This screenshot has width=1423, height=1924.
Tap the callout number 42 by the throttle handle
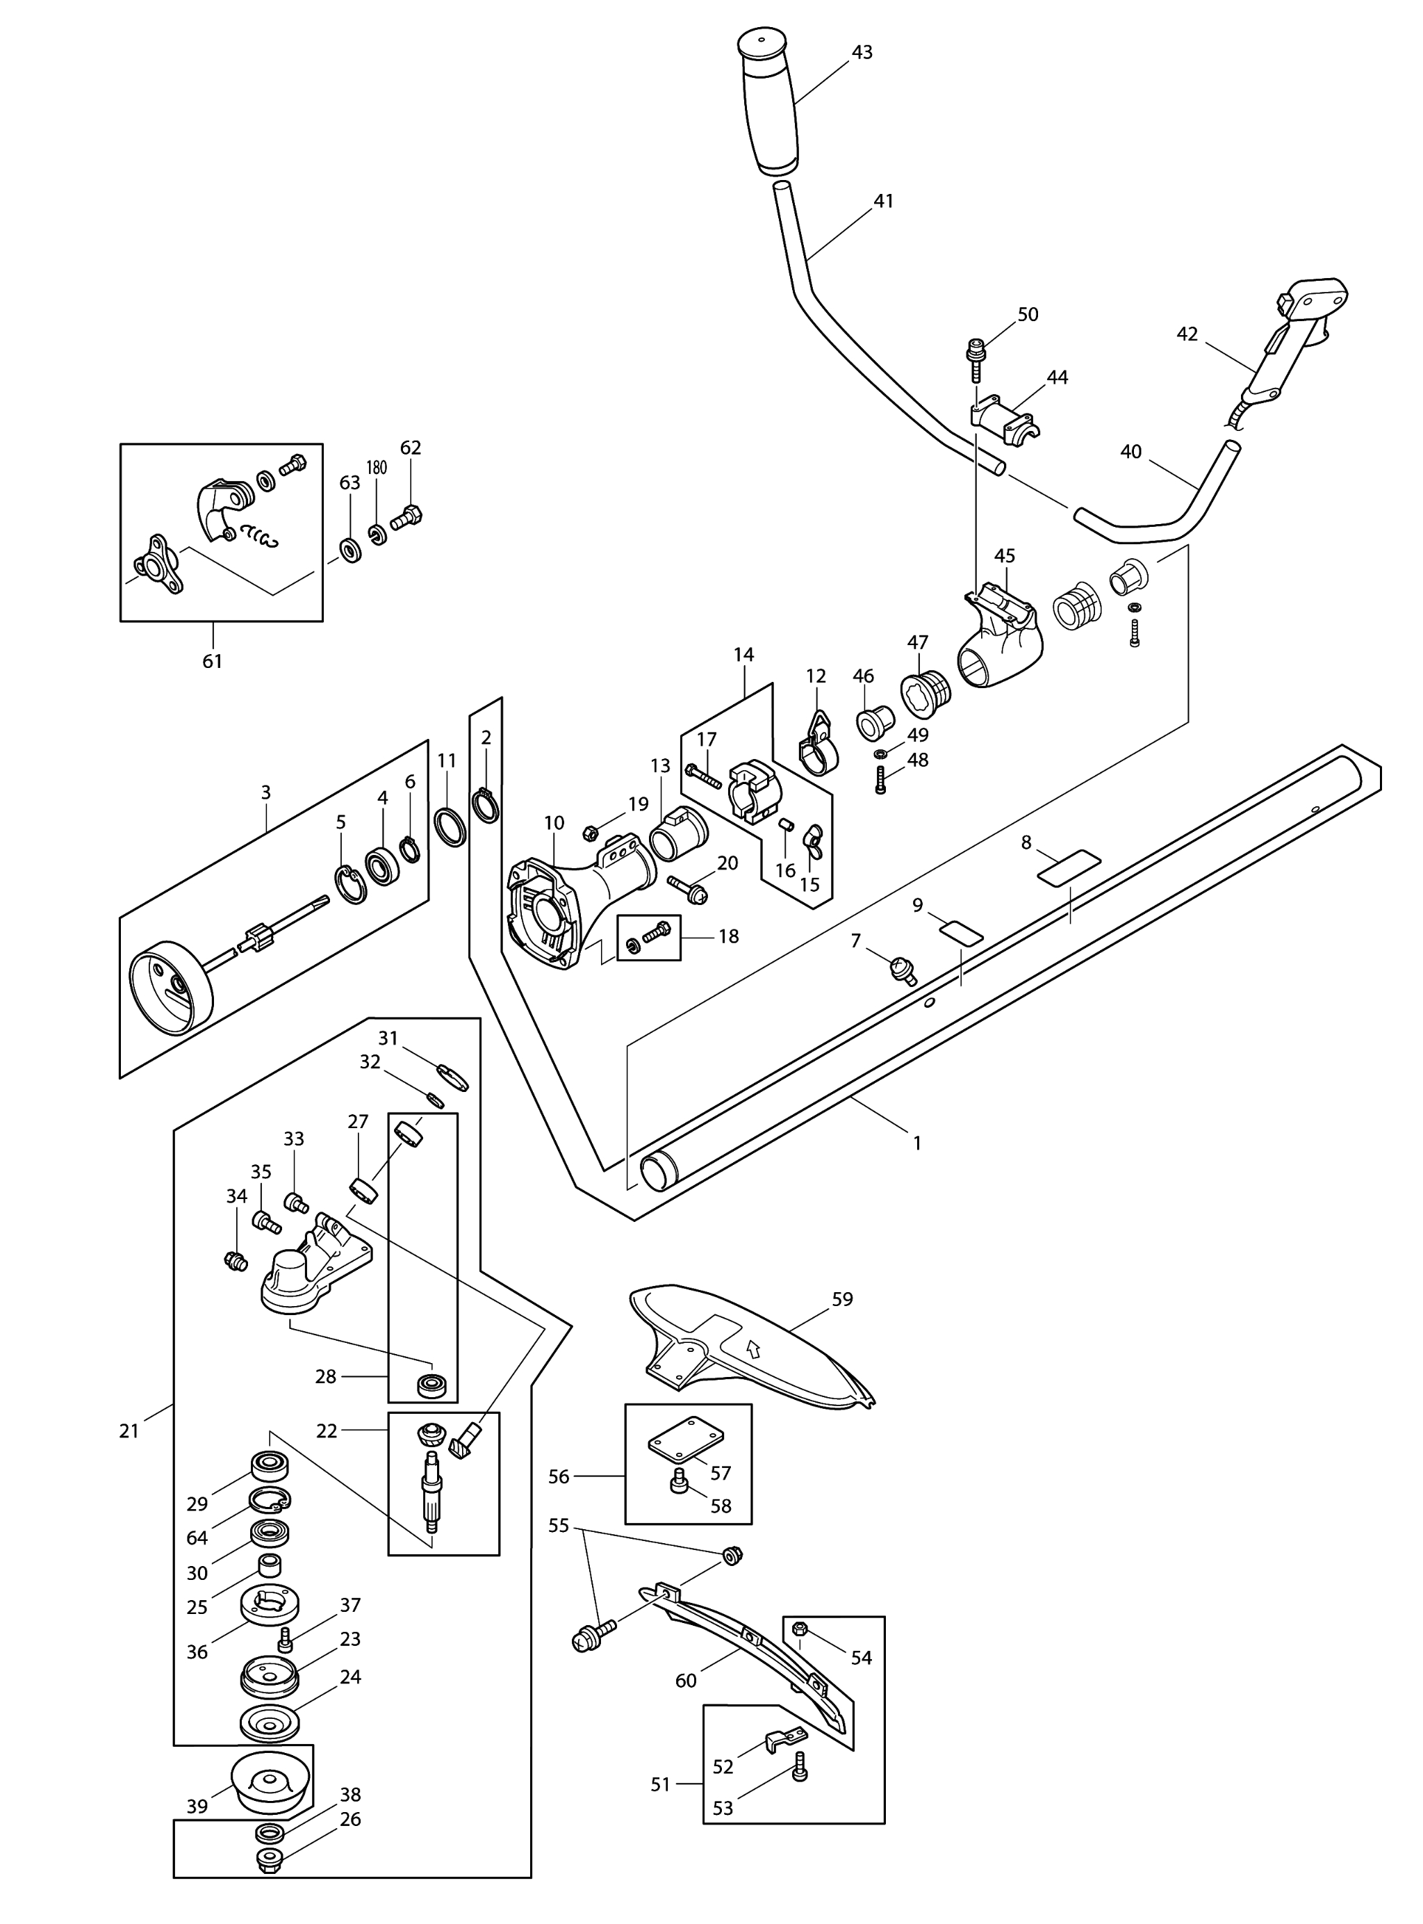click(1186, 334)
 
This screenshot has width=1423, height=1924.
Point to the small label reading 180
click(377, 468)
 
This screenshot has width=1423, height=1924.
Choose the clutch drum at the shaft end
click(170, 986)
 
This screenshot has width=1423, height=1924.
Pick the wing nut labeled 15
click(812, 842)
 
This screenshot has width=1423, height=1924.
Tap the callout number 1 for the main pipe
click(917, 1143)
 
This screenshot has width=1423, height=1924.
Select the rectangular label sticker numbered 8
click(1069, 867)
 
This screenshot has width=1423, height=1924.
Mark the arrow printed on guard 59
click(755, 1348)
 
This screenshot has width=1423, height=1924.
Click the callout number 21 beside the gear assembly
click(129, 1431)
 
